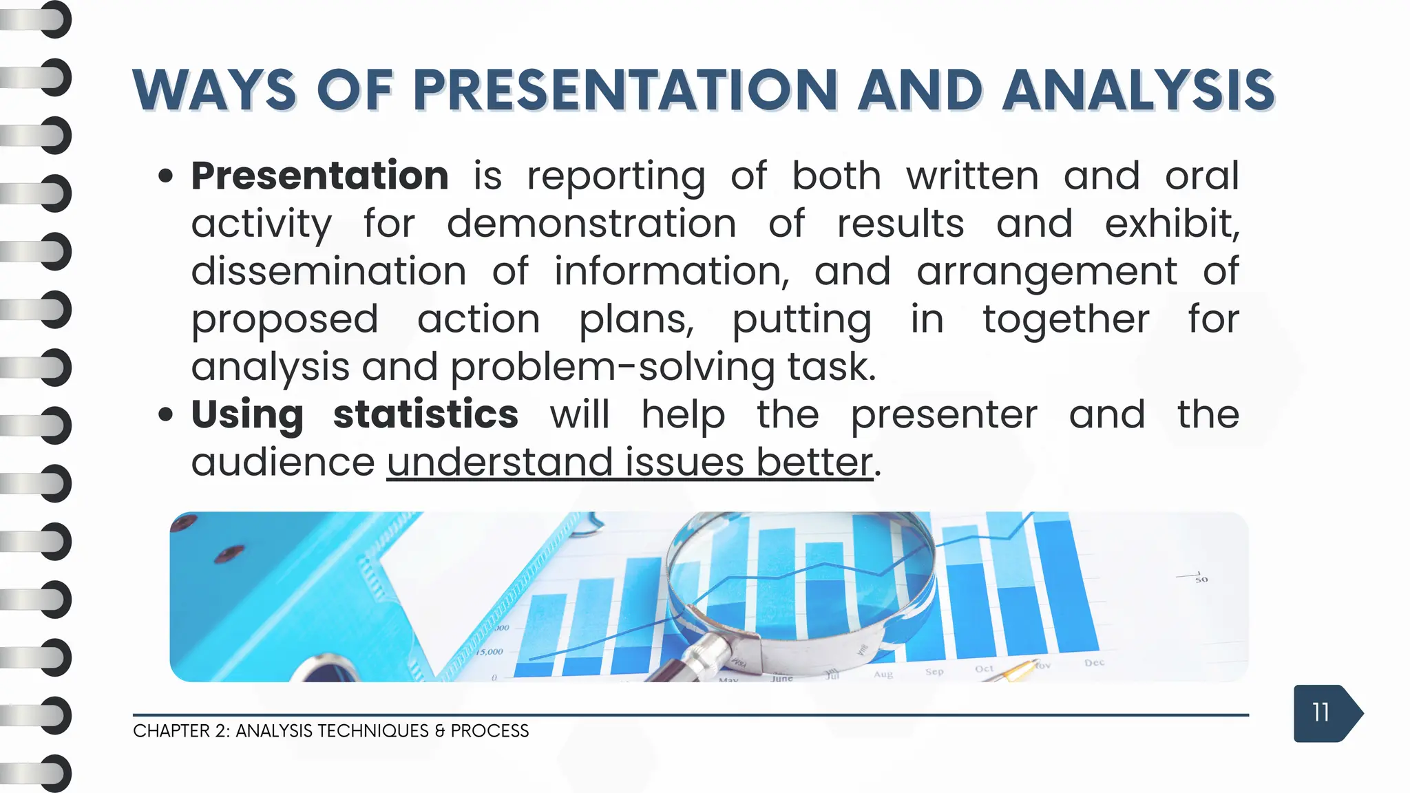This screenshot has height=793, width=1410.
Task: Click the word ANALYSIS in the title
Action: click(1138, 90)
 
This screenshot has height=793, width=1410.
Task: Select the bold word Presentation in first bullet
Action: click(320, 176)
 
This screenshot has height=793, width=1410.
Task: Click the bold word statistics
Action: click(425, 414)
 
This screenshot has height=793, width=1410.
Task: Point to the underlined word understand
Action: click(500, 462)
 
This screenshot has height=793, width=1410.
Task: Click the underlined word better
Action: click(814, 462)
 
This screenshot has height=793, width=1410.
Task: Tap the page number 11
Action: click(1320, 712)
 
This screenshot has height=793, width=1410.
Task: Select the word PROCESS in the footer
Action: click(490, 731)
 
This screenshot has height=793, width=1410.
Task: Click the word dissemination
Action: click(328, 271)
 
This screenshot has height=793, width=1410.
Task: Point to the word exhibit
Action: click(1172, 224)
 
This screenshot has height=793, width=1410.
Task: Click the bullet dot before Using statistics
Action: click(165, 415)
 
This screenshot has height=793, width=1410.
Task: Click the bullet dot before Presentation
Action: click(165, 176)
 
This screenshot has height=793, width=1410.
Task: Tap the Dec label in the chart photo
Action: click(1094, 662)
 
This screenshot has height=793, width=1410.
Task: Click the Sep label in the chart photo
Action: click(934, 671)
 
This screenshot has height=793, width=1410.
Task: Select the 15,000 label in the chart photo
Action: click(490, 651)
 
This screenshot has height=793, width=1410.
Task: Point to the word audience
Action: click(282, 462)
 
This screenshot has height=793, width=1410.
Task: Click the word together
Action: click(1065, 319)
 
